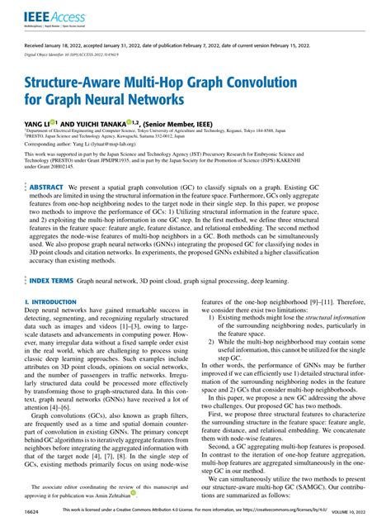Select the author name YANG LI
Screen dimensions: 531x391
point(36,121)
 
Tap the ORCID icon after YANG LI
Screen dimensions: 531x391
point(54,120)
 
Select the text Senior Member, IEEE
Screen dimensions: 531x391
point(191,121)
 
